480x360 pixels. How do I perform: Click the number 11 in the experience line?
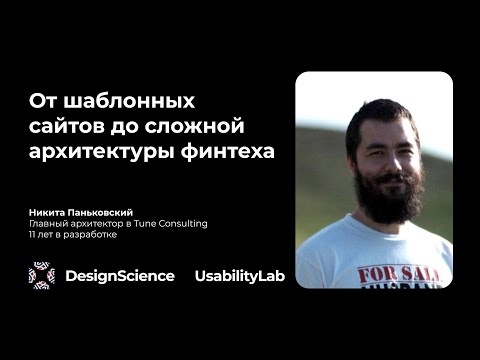[x=33, y=236]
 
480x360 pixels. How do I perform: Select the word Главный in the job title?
[x=49, y=224]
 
